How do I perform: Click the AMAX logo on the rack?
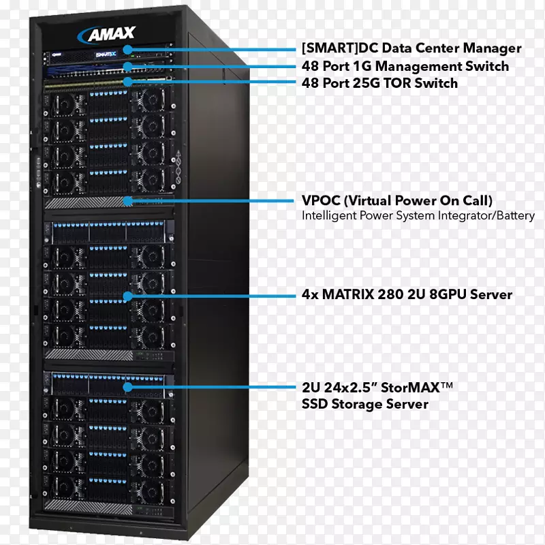[110, 34]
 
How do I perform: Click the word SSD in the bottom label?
[316, 404]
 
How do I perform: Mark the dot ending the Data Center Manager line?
[127, 49]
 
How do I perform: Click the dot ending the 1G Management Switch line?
[127, 67]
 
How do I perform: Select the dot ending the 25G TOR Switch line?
[127, 82]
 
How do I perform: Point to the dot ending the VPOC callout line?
[127, 201]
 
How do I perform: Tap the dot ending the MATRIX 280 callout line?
[127, 296]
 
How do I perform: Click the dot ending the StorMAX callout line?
[127, 387]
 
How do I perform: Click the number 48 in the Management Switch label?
[310, 66]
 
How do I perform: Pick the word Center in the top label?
[444, 48]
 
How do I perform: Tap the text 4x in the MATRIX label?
[310, 295]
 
